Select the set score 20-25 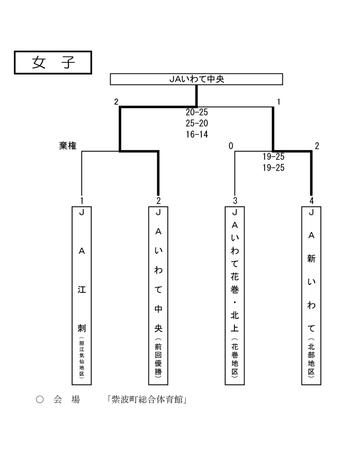pos(197,112)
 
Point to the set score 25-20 pos(197,123)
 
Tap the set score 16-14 pos(197,134)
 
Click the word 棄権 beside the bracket pos(68,145)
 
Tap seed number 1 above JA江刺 pos(82,201)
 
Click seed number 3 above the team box pos(235,201)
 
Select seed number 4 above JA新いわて pos(311,201)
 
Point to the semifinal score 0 pos(231,146)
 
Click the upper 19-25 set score pos(273,157)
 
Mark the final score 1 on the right pos(279,102)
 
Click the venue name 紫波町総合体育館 pos(147,399)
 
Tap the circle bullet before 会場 pos(40,399)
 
